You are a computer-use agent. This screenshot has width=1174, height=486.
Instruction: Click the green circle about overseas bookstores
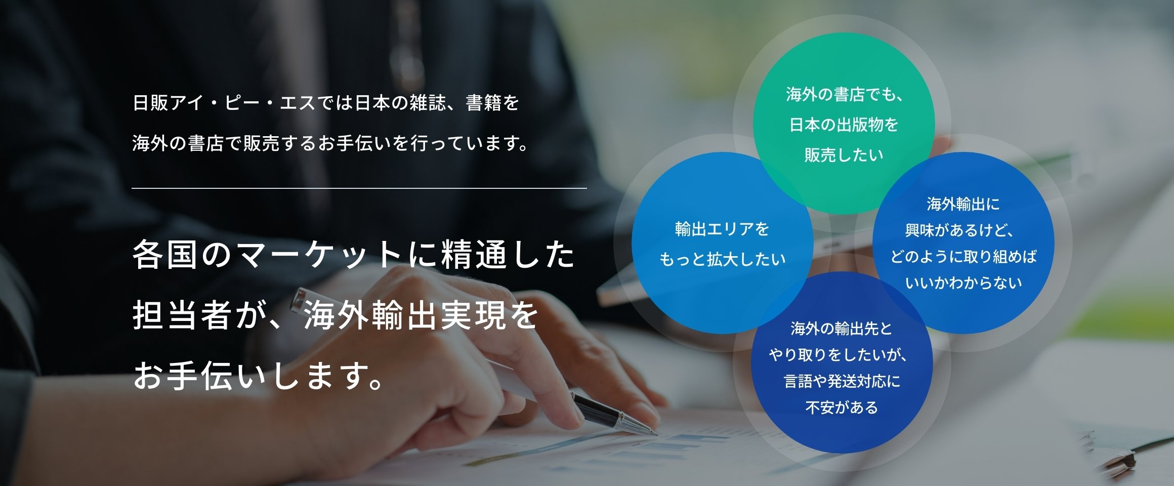(x=844, y=123)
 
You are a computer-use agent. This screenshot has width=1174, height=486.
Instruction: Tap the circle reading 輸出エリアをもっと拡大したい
(x=722, y=242)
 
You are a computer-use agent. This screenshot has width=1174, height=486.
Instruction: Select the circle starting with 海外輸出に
(x=963, y=242)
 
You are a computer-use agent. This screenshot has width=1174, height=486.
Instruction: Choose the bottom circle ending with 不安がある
(x=842, y=362)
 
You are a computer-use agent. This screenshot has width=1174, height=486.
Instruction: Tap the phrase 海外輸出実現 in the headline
(x=404, y=315)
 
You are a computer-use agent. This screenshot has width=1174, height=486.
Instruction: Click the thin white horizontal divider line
(x=359, y=188)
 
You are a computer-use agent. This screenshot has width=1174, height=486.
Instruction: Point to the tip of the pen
(x=656, y=434)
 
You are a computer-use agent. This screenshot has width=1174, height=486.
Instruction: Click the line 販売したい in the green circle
(x=844, y=155)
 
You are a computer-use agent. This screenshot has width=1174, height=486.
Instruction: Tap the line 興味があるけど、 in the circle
(x=959, y=230)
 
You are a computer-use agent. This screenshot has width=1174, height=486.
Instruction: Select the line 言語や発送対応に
(x=842, y=381)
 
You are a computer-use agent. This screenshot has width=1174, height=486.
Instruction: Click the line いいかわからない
(x=963, y=282)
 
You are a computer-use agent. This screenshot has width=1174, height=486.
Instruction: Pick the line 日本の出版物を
(x=844, y=125)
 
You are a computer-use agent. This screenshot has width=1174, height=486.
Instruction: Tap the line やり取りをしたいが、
(x=838, y=355)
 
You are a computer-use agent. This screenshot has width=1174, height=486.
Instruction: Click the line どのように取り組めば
(x=963, y=257)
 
